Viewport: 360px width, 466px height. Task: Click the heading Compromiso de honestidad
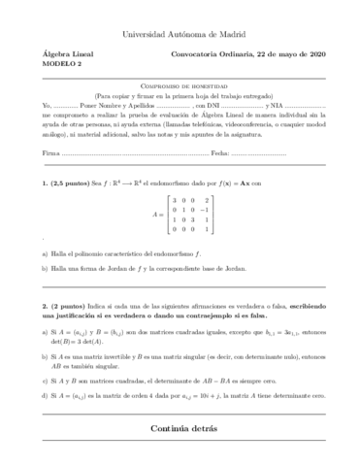point(180,85)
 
